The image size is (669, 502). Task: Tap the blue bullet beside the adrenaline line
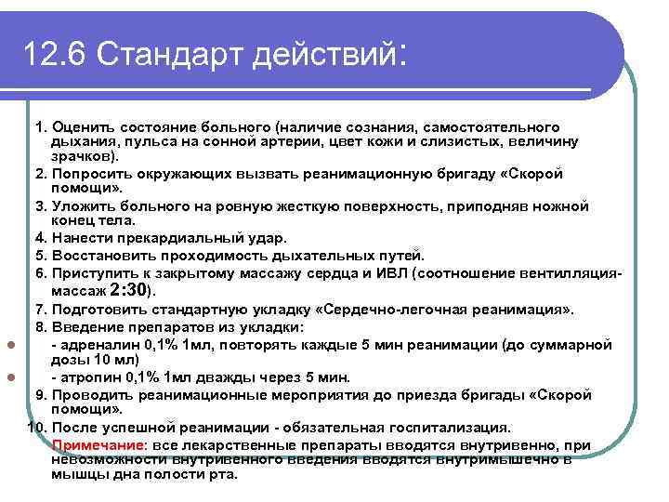click(x=11, y=345)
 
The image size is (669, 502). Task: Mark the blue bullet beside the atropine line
click(x=11, y=378)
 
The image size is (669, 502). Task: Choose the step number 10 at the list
click(x=35, y=428)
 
